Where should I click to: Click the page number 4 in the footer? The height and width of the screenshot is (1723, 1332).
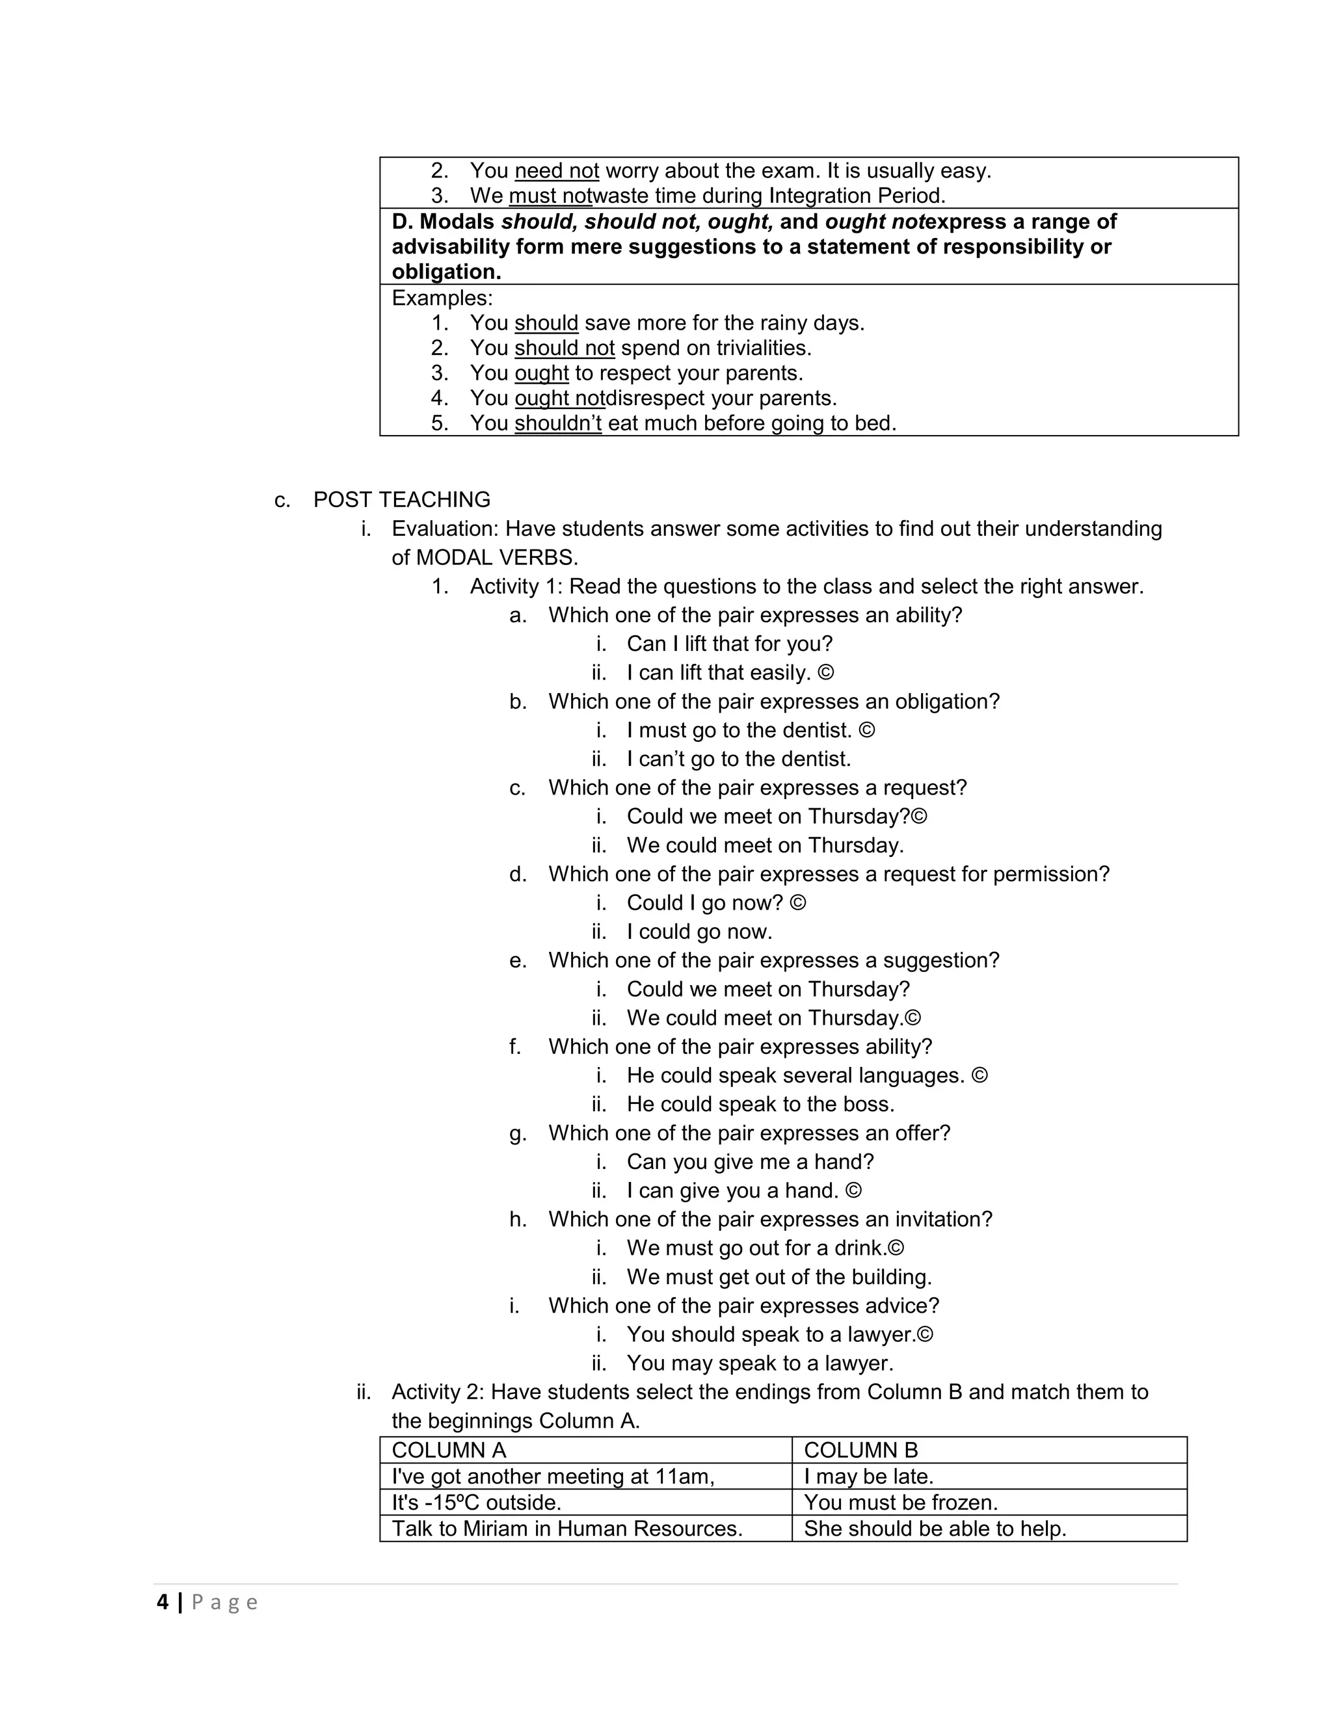(163, 1602)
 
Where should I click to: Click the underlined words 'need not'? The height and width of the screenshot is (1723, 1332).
(556, 170)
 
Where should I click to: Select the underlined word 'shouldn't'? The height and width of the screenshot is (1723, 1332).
(557, 423)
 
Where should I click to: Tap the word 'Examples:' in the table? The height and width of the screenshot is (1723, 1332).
(442, 298)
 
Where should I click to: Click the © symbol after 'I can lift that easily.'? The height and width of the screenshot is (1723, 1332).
(825, 673)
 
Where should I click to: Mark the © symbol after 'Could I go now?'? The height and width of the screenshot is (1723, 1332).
(798, 902)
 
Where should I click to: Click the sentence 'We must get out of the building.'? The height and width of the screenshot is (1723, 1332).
(779, 1276)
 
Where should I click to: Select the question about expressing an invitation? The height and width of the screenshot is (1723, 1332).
(769, 1219)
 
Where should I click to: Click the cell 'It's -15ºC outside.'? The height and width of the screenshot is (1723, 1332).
(476, 1502)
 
